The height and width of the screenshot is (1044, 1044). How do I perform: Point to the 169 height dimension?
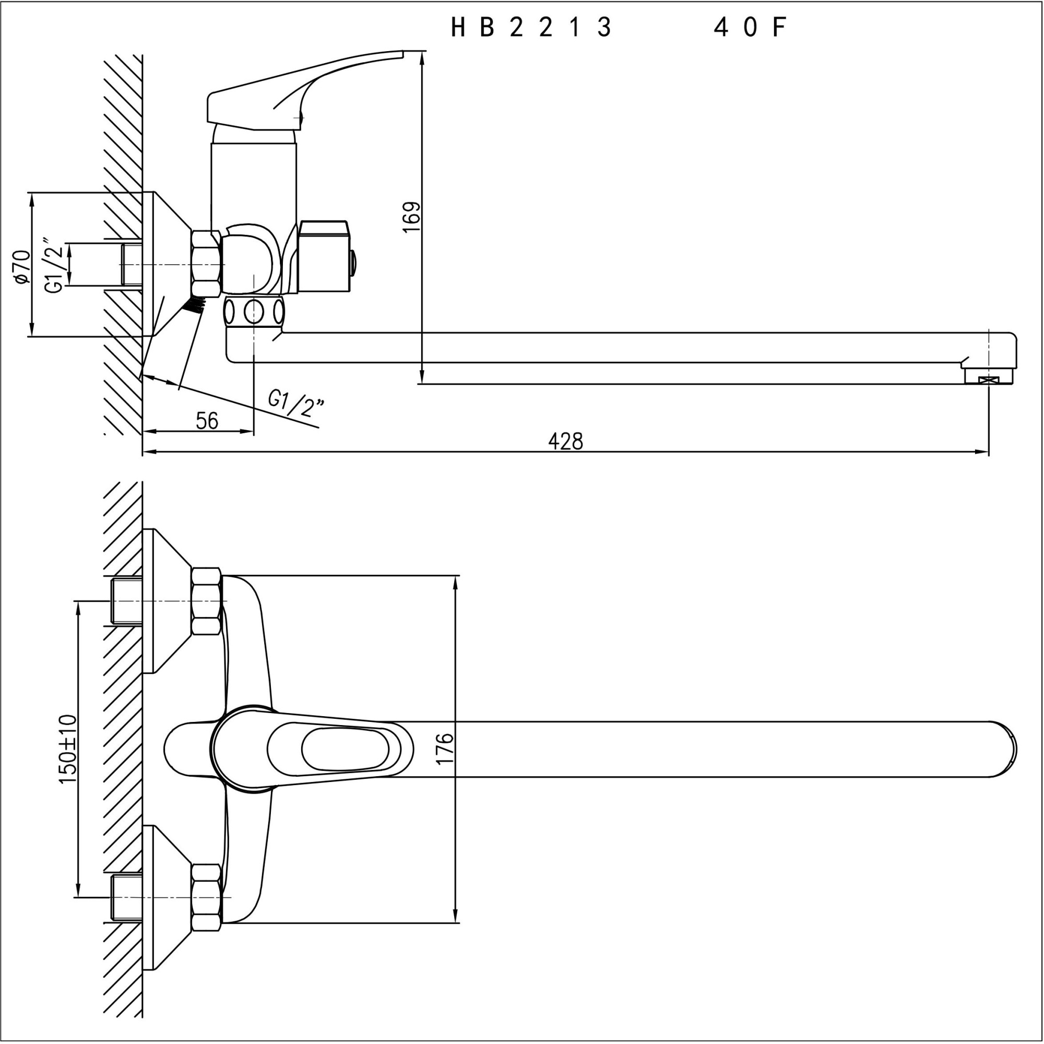(x=412, y=217)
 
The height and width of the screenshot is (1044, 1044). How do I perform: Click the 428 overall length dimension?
(x=566, y=442)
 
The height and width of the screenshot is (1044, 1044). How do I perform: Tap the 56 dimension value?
(x=207, y=421)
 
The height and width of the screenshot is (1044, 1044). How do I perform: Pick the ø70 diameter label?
(x=21, y=266)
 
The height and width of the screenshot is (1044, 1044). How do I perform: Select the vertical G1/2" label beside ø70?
(x=56, y=265)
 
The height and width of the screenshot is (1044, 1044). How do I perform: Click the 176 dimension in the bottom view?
(x=444, y=749)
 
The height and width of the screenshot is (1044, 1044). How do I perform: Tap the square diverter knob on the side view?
(x=323, y=256)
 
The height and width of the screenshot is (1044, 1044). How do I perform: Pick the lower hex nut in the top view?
(x=206, y=897)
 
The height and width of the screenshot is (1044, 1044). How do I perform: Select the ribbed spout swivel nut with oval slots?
(x=254, y=311)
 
